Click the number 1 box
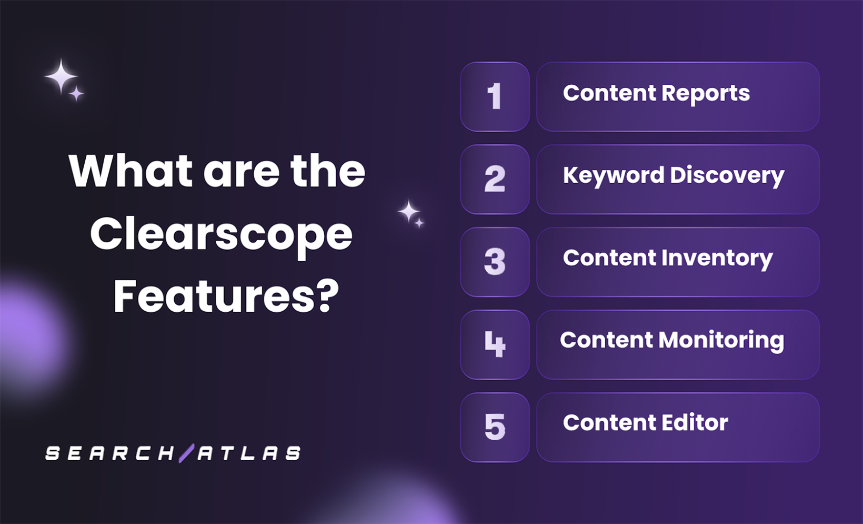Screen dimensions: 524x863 [495, 97]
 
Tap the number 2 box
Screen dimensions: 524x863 [495, 180]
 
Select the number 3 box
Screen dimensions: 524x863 [495, 262]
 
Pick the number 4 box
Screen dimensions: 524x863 [495, 345]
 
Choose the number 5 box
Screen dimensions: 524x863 [495, 428]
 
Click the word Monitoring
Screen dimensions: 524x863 [721, 341]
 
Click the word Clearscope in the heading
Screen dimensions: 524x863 [221, 235]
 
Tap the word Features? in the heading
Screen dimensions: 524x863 [226, 296]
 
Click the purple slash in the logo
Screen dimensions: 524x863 [186, 453]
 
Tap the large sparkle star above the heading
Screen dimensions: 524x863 [61, 77]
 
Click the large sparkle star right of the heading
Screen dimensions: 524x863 [408, 212]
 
